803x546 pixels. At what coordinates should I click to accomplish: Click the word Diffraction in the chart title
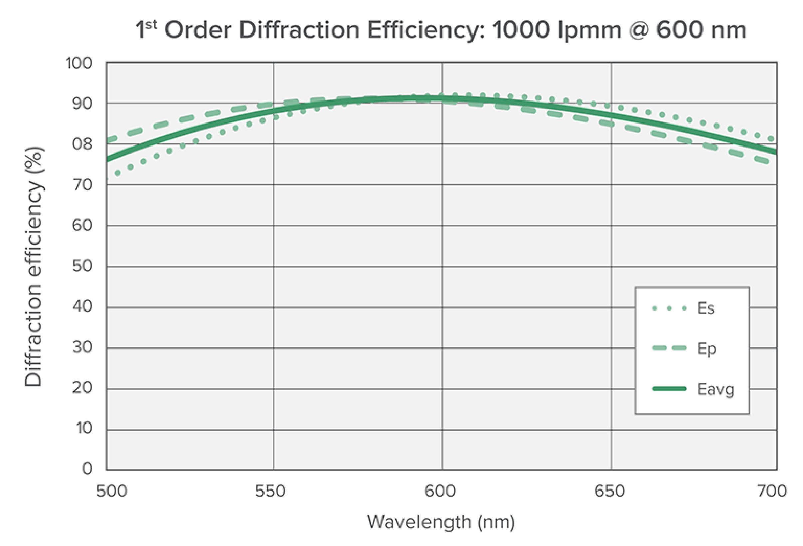(x=299, y=30)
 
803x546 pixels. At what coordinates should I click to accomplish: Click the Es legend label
(x=705, y=308)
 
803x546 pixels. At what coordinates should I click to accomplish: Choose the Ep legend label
(x=706, y=348)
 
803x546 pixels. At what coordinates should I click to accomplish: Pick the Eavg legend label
(x=715, y=389)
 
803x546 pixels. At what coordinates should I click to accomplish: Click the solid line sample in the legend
(x=669, y=389)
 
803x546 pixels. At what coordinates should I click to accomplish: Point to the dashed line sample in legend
(x=669, y=347)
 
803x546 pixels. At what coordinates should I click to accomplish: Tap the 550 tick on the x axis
(x=271, y=491)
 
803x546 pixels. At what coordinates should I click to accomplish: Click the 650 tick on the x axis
(x=610, y=491)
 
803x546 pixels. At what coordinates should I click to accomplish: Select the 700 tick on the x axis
(x=772, y=491)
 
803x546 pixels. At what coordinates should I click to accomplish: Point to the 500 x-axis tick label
(x=112, y=491)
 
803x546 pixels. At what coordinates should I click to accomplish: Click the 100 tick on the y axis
(x=79, y=64)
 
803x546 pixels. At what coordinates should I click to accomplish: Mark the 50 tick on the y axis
(x=82, y=266)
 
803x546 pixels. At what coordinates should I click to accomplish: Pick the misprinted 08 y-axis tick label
(x=82, y=144)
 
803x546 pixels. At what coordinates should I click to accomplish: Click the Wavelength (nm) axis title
(x=441, y=522)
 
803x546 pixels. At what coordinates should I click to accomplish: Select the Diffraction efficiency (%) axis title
(x=34, y=266)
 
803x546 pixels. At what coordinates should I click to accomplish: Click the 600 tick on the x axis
(x=440, y=491)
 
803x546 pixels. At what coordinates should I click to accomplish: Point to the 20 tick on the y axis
(x=82, y=388)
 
